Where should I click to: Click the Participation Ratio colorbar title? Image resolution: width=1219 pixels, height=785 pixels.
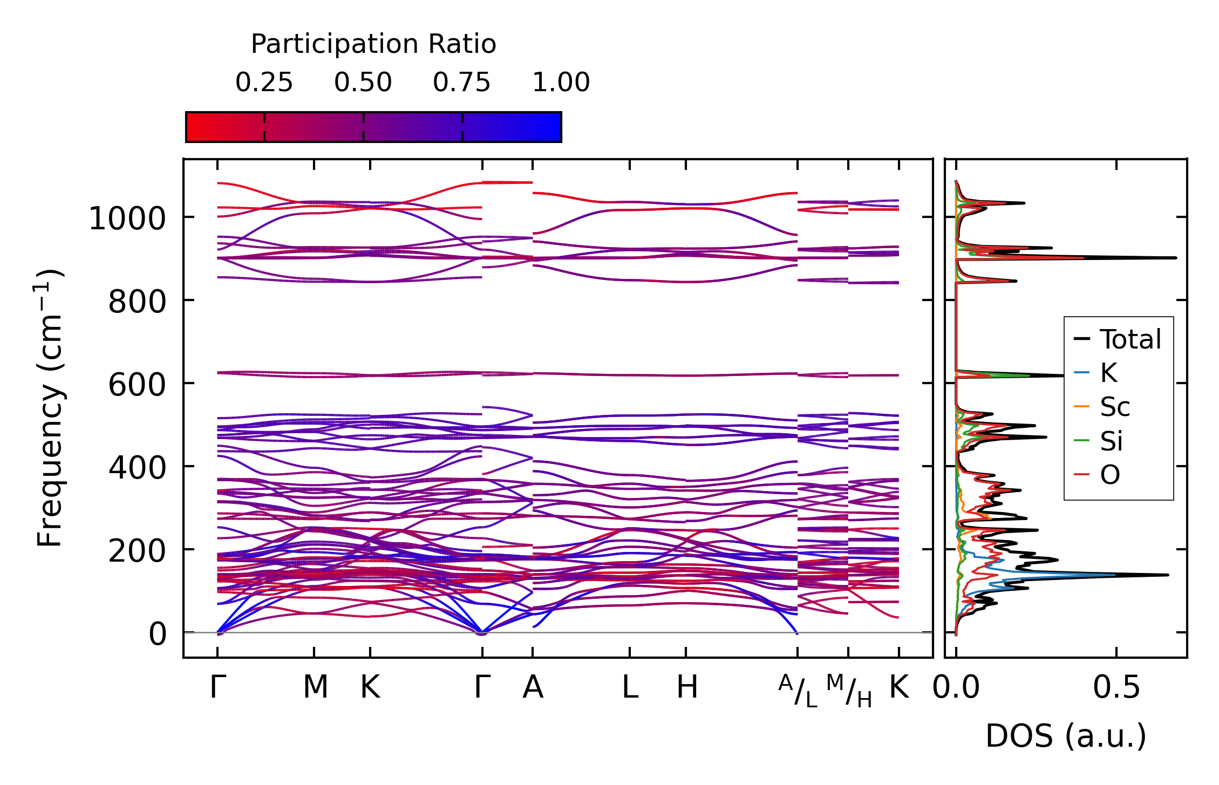click(373, 44)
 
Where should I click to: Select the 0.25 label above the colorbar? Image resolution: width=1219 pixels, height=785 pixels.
click(264, 83)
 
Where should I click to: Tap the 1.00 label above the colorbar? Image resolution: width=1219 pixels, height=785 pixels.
click(561, 83)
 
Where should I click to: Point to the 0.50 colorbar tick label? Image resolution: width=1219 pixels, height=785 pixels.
click(363, 83)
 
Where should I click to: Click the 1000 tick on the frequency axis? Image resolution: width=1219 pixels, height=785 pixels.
click(127, 219)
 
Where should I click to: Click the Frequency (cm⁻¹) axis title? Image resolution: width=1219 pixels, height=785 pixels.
click(50, 408)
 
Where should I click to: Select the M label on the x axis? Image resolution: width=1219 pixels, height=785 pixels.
click(315, 687)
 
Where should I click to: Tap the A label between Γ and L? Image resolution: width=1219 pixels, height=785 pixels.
click(533, 687)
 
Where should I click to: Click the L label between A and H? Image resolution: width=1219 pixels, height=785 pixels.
click(630, 687)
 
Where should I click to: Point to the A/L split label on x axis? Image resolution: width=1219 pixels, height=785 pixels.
click(798, 691)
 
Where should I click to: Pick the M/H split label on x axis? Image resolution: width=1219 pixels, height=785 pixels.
click(849, 691)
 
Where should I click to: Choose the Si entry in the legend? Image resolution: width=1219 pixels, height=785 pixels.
click(1112, 441)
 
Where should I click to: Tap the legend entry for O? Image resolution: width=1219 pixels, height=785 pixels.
click(1110, 475)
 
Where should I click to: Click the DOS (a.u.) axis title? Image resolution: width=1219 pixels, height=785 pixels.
click(1066, 736)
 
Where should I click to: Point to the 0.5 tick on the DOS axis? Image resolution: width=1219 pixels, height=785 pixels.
click(1116, 688)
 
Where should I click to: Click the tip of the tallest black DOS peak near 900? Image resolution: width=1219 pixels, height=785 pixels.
click(1175, 258)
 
